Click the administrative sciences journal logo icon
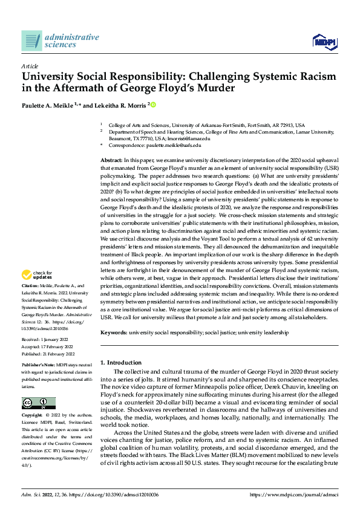pyautogui.click(x=31, y=41)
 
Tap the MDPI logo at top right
pyautogui.click(x=324, y=41)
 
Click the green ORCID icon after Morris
pyautogui.click(x=154, y=105)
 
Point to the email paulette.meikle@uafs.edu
pyautogui.click(x=174, y=146)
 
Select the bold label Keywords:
pyautogui.click(x=113, y=332)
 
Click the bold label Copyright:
pyautogui.click(x=31, y=417)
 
